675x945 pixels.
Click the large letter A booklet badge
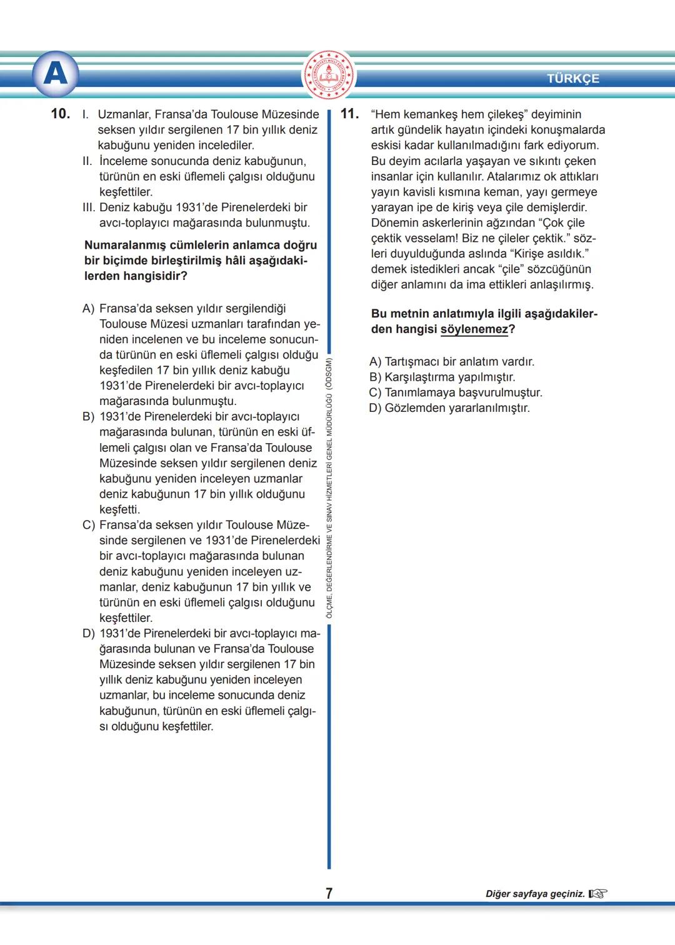pos(56,74)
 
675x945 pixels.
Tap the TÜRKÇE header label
pos(572,79)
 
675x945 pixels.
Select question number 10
pos(61,114)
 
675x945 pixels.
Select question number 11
pos(349,114)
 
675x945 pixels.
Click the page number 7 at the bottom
pos(329,893)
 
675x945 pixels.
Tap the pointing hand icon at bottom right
pos(597,894)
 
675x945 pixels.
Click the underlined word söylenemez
pos(474,329)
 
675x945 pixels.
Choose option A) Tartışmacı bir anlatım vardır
pos(451,362)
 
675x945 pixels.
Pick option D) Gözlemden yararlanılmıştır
pos(449,408)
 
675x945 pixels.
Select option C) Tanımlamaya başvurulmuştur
pos(456,392)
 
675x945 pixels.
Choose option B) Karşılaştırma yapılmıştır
pos(442,377)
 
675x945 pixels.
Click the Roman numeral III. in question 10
pos(89,207)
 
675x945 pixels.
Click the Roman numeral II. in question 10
pos(87,161)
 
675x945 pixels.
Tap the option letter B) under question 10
pos(89,417)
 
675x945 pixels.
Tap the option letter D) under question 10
pos(89,634)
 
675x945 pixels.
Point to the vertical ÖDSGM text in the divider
pos(329,487)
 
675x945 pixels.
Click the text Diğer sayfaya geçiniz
pos(535,894)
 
